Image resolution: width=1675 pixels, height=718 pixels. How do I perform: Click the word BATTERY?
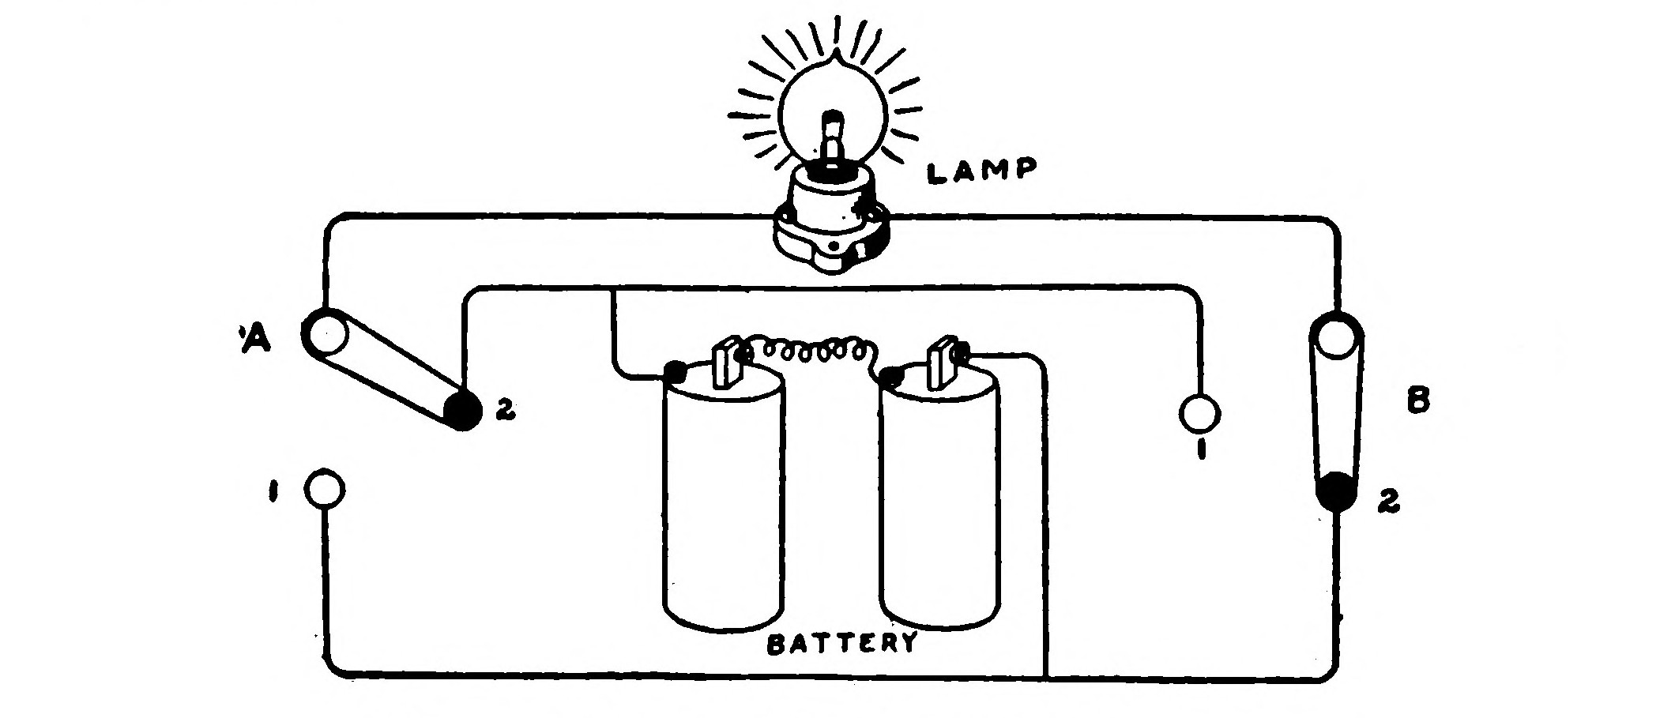(843, 643)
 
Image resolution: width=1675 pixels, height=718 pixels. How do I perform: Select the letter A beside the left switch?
(255, 337)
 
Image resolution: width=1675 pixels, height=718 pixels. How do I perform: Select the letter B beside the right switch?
(1417, 402)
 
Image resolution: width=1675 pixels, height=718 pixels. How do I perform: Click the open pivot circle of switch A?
(325, 335)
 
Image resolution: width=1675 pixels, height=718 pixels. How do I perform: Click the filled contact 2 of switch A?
(462, 410)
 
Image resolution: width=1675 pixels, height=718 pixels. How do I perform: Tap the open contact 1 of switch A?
(325, 490)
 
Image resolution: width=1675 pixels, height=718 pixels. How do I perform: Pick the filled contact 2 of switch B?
(1336, 491)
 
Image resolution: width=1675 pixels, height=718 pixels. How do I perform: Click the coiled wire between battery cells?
(807, 353)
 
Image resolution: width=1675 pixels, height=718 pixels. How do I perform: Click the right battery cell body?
(939, 506)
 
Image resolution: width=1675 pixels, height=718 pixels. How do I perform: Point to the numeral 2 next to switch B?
(1388, 502)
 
